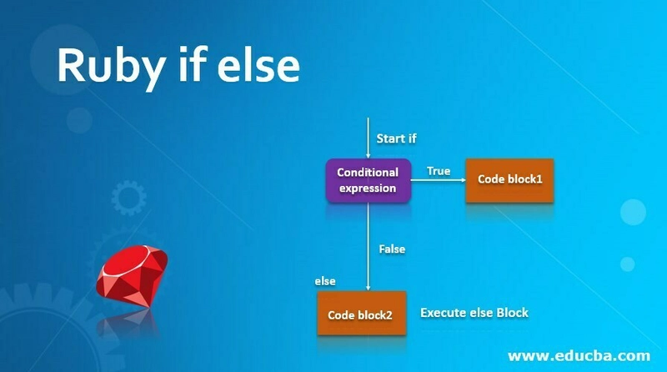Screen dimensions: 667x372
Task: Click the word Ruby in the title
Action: (x=112, y=68)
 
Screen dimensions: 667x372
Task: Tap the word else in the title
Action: (x=258, y=65)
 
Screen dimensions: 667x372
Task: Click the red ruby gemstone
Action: (x=132, y=275)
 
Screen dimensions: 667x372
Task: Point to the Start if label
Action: (x=397, y=138)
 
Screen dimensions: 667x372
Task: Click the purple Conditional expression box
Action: (x=368, y=180)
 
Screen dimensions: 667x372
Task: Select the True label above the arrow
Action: (x=439, y=171)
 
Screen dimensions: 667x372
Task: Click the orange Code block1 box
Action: (x=509, y=180)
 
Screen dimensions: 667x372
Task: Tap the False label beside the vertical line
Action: (x=392, y=249)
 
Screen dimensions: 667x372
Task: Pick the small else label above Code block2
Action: (x=325, y=281)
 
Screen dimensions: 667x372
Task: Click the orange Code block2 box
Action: (x=362, y=314)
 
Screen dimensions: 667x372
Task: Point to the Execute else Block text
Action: (x=474, y=313)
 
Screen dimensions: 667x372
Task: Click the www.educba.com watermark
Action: (x=579, y=356)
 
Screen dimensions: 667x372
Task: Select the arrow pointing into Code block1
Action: (x=439, y=180)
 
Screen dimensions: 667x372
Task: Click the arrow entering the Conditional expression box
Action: (x=368, y=138)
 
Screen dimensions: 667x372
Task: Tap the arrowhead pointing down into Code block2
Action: (x=368, y=288)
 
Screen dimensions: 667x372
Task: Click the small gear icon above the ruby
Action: (x=129, y=198)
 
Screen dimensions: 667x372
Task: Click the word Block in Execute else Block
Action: (x=512, y=313)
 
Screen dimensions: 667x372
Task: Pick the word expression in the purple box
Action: (x=368, y=189)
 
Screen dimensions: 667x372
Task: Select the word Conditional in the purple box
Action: (x=368, y=173)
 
